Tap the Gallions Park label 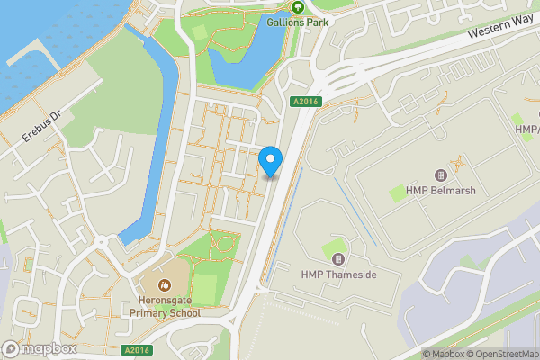coord(296,22)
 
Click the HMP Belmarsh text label coord(440,191)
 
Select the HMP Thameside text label coord(338,274)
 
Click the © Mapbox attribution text coord(445,354)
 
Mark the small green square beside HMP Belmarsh coord(398,192)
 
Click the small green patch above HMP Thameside coord(335,246)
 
